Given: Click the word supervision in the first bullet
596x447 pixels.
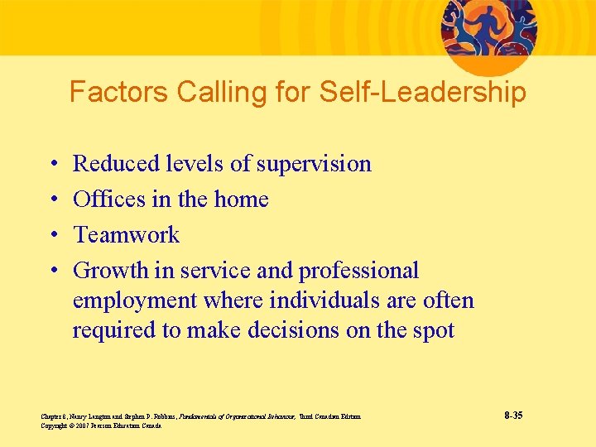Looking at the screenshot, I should click(x=314, y=164).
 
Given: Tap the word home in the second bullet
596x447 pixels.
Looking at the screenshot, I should click(x=242, y=199).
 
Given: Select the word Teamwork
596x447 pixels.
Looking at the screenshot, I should click(x=126, y=235).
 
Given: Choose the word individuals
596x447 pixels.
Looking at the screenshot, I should click(x=319, y=300).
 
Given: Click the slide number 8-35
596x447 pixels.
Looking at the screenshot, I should click(x=512, y=416).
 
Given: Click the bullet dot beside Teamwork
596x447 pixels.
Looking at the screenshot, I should click(x=52, y=236).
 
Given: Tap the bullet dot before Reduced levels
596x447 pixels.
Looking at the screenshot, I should click(x=52, y=165).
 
